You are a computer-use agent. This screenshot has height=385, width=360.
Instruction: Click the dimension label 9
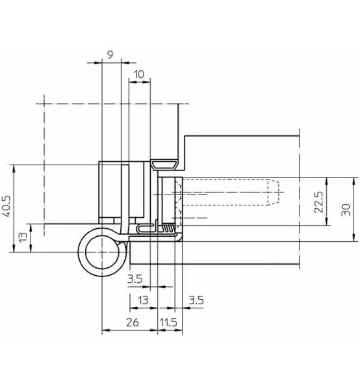pyautogui.click(x=110, y=55)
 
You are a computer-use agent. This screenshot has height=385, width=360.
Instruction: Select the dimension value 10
pyautogui.click(x=139, y=74)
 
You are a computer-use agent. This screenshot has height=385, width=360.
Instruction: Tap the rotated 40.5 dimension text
pyautogui.click(x=6, y=206)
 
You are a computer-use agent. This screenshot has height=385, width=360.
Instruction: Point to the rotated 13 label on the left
pyautogui.click(x=23, y=237)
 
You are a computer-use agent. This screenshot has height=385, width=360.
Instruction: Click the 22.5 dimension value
pyautogui.click(x=319, y=202)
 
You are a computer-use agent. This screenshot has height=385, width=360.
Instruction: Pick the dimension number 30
pyautogui.click(x=346, y=209)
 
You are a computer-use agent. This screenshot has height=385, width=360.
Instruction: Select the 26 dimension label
pyautogui.click(x=133, y=322)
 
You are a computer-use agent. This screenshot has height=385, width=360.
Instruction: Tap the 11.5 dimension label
pyautogui.click(x=168, y=322)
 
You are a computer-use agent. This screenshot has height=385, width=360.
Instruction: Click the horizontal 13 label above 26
pyautogui.click(x=143, y=300)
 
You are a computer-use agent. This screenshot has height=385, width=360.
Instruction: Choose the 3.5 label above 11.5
pyautogui.click(x=196, y=300)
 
